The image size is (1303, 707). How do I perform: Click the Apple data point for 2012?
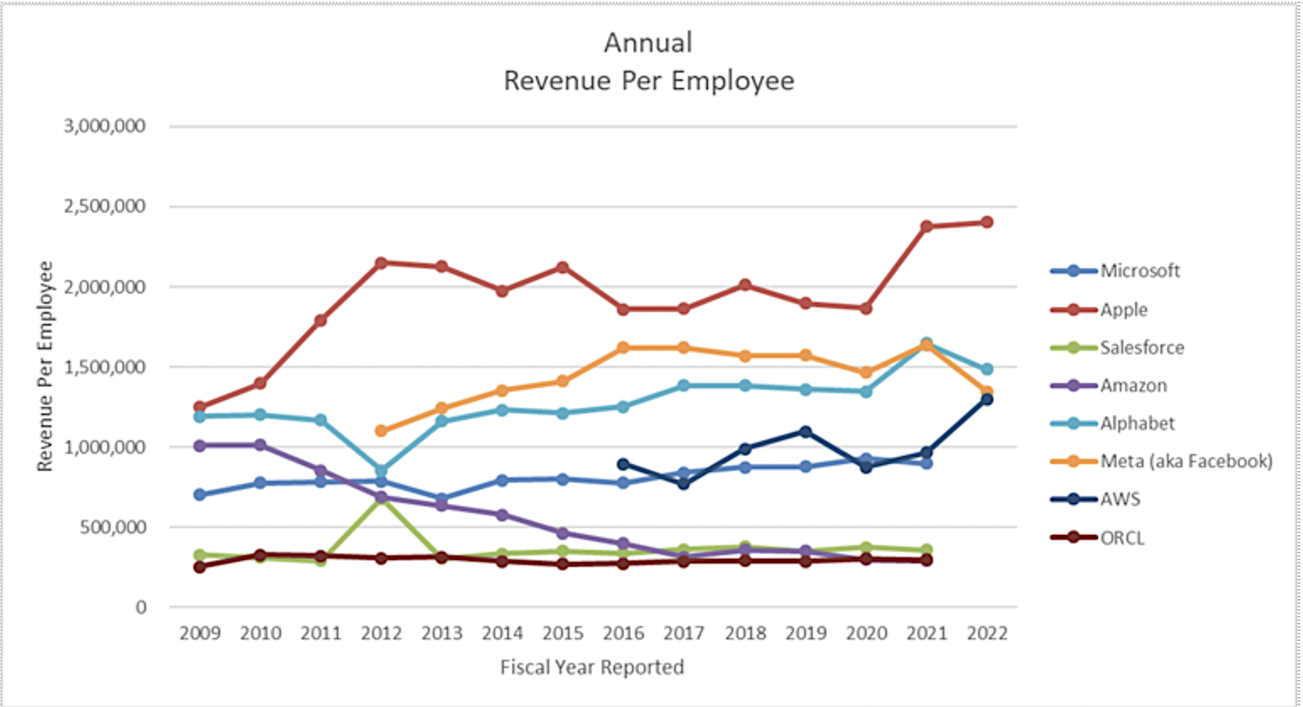(x=381, y=263)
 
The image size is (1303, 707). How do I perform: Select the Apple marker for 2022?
(x=987, y=223)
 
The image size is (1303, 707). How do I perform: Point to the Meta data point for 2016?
(x=624, y=348)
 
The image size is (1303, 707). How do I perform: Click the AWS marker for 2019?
(x=806, y=432)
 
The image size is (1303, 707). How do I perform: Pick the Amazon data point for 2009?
(x=200, y=445)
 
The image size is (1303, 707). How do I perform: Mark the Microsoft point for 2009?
(x=200, y=494)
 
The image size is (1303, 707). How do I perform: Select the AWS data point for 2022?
(x=987, y=399)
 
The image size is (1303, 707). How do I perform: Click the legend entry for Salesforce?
(x=1142, y=348)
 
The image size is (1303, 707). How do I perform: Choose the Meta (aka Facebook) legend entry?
(x=1186, y=461)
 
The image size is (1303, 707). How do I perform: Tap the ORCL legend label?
(x=1122, y=538)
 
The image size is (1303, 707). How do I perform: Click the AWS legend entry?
(x=1120, y=499)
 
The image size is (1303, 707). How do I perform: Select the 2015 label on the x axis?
(x=563, y=634)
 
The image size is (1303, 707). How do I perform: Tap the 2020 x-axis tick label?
(x=866, y=634)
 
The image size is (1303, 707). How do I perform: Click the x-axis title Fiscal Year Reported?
(x=592, y=667)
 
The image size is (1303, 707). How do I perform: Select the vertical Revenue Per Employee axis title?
(x=45, y=366)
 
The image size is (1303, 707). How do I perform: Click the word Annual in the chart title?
(x=648, y=42)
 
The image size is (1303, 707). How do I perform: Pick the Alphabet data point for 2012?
(x=381, y=471)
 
